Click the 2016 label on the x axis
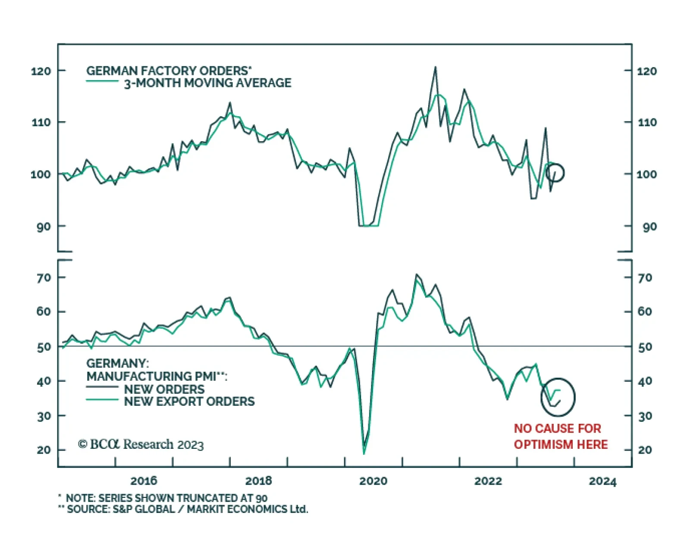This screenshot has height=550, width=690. click(x=144, y=481)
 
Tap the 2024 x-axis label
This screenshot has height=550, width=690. click(x=602, y=481)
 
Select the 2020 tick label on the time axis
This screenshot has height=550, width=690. click(x=373, y=481)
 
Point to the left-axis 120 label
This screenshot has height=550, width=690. click(x=41, y=71)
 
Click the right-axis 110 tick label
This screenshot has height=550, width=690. click(x=647, y=123)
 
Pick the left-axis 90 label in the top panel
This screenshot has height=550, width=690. click(x=44, y=227)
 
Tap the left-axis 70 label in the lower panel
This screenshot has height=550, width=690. click(x=44, y=278)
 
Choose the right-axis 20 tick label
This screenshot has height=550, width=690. click(x=645, y=450)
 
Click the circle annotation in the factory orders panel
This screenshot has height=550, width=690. click(x=555, y=173)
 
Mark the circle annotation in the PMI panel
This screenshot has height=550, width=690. click(x=558, y=397)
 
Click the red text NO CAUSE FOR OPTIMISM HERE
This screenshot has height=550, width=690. click(x=561, y=436)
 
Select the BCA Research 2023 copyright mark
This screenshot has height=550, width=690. click(x=141, y=444)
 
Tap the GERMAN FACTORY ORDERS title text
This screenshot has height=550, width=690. click(x=169, y=71)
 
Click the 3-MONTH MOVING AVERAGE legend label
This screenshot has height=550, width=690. click(x=207, y=83)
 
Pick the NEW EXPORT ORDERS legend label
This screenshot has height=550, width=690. click(x=189, y=401)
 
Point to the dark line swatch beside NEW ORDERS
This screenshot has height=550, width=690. click(x=102, y=387)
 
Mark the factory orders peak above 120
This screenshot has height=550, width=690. click(x=435, y=67)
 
